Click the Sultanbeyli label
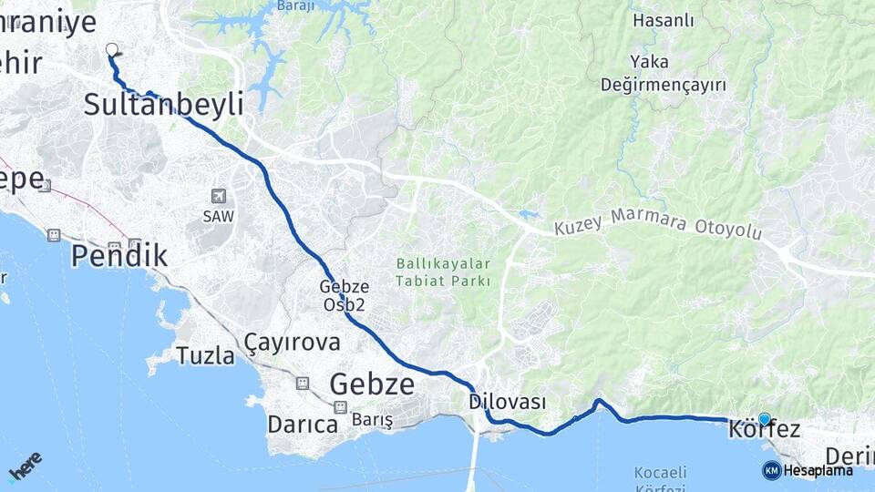tap(163, 105)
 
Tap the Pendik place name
tap(119, 256)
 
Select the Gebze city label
tap(372, 384)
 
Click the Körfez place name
tap(765, 430)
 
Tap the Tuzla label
tap(205, 355)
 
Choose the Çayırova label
tap(292, 343)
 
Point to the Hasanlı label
tap(663, 19)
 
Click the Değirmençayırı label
tap(663, 85)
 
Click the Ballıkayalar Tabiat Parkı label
tap(443, 272)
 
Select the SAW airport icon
tap(218, 196)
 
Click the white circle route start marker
tap(112, 49)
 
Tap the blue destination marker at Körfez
tap(764, 419)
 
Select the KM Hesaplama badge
tap(808, 470)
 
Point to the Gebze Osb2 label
tap(344, 295)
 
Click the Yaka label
tap(648, 62)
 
